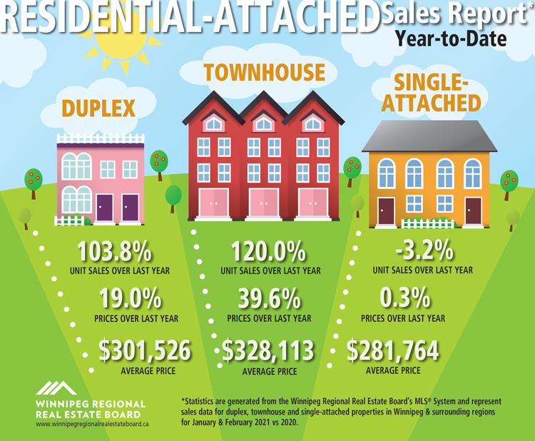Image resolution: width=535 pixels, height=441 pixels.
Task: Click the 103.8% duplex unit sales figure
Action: click(114, 251)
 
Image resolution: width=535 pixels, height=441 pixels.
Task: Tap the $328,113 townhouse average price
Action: click(268, 351)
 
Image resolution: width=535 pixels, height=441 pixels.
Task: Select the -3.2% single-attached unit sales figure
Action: click(422, 251)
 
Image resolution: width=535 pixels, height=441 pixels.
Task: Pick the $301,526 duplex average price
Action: click(146, 351)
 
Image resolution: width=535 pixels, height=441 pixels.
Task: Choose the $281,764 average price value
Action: click(392, 351)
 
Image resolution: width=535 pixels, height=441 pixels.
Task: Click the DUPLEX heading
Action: click(98, 108)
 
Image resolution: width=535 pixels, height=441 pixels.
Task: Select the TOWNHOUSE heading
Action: click(264, 72)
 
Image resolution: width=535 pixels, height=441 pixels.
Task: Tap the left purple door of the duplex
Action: click(105, 207)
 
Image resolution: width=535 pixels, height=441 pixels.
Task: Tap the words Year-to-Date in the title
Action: click(450, 37)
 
